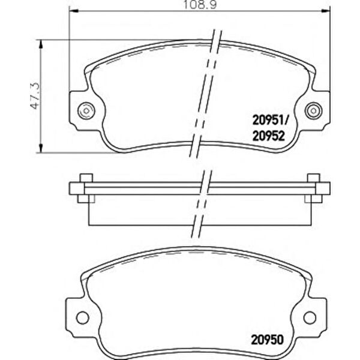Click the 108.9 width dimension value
click(200, 5)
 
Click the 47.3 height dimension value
click(35, 96)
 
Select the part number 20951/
click(270, 121)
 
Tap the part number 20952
click(268, 136)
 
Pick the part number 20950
click(268, 340)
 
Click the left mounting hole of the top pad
click(86, 110)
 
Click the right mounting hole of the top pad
click(313, 110)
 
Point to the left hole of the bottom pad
click(82, 318)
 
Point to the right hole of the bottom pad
click(310, 318)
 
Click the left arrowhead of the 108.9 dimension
click(73, 11)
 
